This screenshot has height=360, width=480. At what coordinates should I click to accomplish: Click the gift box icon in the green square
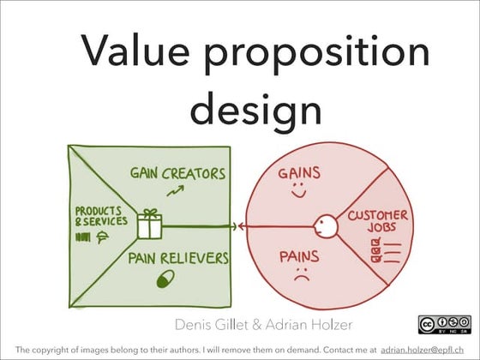click(x=152, y=225)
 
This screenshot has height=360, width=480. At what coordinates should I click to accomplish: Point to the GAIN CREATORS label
click(x=177, y=174)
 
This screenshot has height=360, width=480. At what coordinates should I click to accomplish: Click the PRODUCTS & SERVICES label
click(x=100, y=216)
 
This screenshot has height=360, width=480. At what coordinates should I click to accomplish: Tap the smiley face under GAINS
click(x=297, y=194)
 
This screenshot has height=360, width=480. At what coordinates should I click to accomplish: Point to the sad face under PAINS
click(x=300, y=276)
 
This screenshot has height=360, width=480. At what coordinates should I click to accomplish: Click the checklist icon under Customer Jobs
click(x=377, y=250)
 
